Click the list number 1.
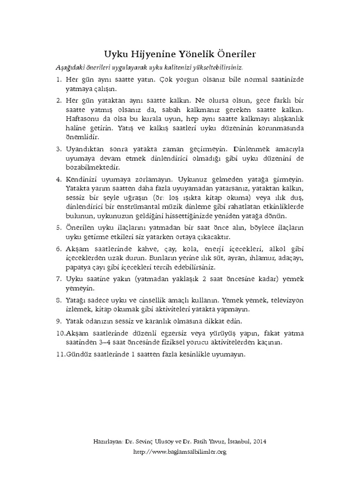[x=59, y=80]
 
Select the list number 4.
[x=59, y=180]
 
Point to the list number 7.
[x=59, y=279]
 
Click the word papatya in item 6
[x=79, y=267]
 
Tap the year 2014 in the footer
[x=260, y=442]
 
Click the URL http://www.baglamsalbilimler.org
[x=180, y=452]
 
